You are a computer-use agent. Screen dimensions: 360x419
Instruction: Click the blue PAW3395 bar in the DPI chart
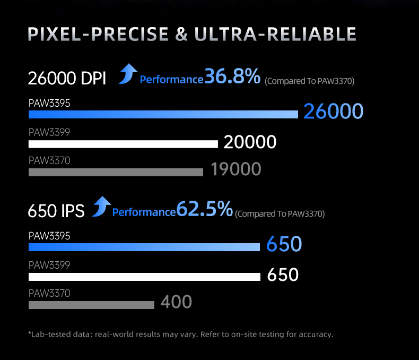tap(163, 114)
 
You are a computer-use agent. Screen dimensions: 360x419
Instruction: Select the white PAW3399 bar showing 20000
tap(123, 144)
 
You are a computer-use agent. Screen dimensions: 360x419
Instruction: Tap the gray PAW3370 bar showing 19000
tap(116, 172)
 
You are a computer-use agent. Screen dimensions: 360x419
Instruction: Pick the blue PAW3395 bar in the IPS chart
tap(144, 247)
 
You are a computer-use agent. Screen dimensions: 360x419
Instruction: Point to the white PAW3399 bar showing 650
tap(144, 277)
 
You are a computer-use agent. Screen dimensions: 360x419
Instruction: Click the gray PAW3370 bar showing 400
tap(91, 305)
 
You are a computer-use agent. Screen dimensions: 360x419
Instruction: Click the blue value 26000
tap(333, 112)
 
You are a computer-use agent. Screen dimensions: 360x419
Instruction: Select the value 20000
tap(250, 142)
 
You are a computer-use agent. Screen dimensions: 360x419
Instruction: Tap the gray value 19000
tap(235, 169)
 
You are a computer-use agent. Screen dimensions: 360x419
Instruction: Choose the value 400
tap(176, 302)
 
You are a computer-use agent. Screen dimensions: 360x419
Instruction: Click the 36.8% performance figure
tap(232, 76)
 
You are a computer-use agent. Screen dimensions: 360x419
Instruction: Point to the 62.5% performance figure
tap(204, 209)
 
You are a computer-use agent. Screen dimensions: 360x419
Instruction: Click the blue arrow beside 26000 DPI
tap(128, 73)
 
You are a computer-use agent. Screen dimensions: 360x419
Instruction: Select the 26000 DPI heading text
tap(67, 79)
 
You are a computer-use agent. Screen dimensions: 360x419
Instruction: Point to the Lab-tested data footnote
tap(180, 335)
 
